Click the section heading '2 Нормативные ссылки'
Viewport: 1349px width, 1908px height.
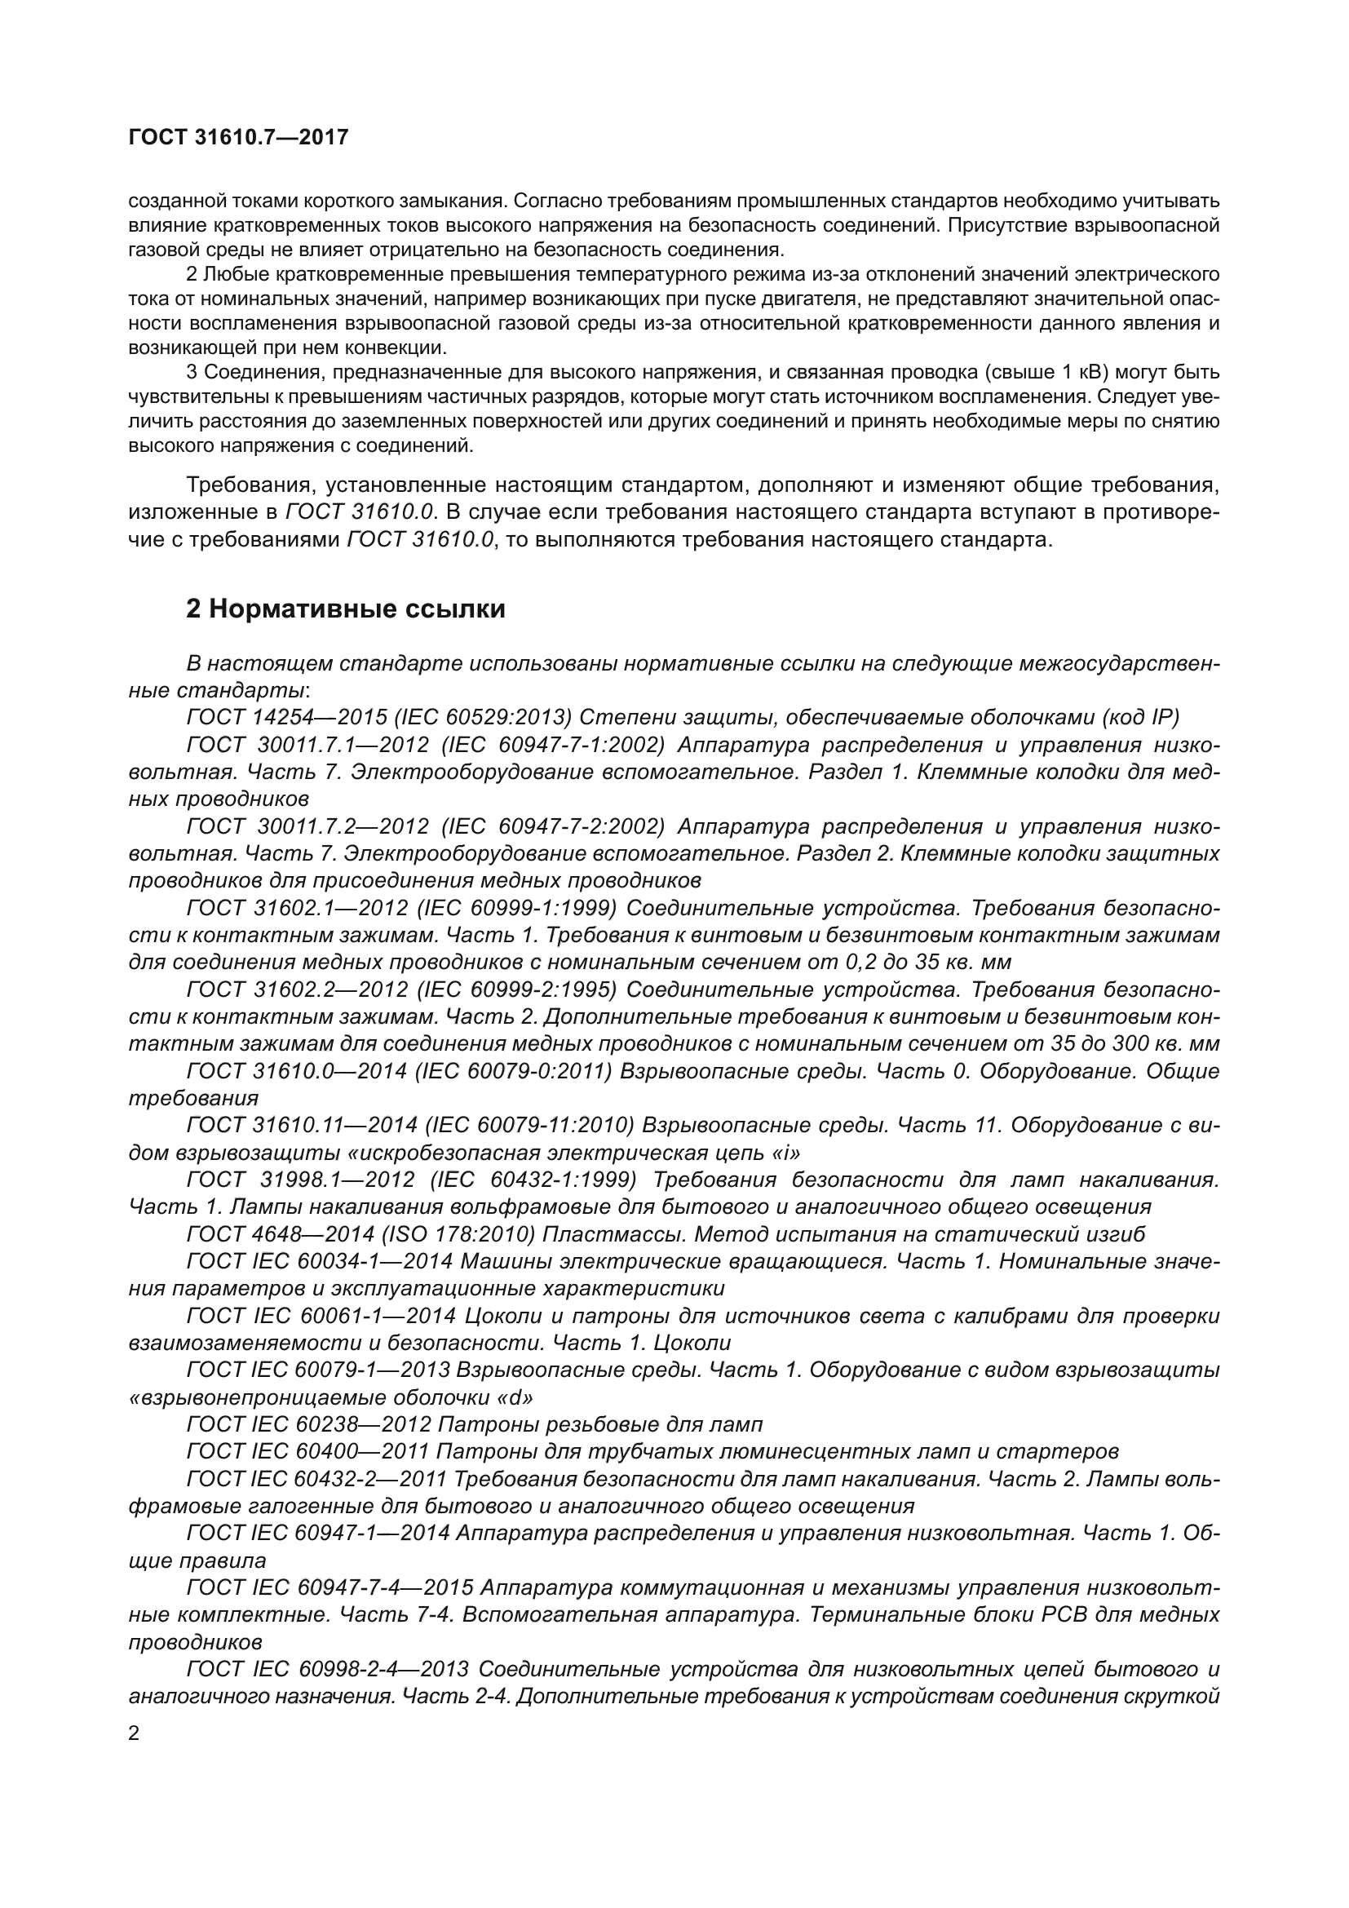tap(346, 609)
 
